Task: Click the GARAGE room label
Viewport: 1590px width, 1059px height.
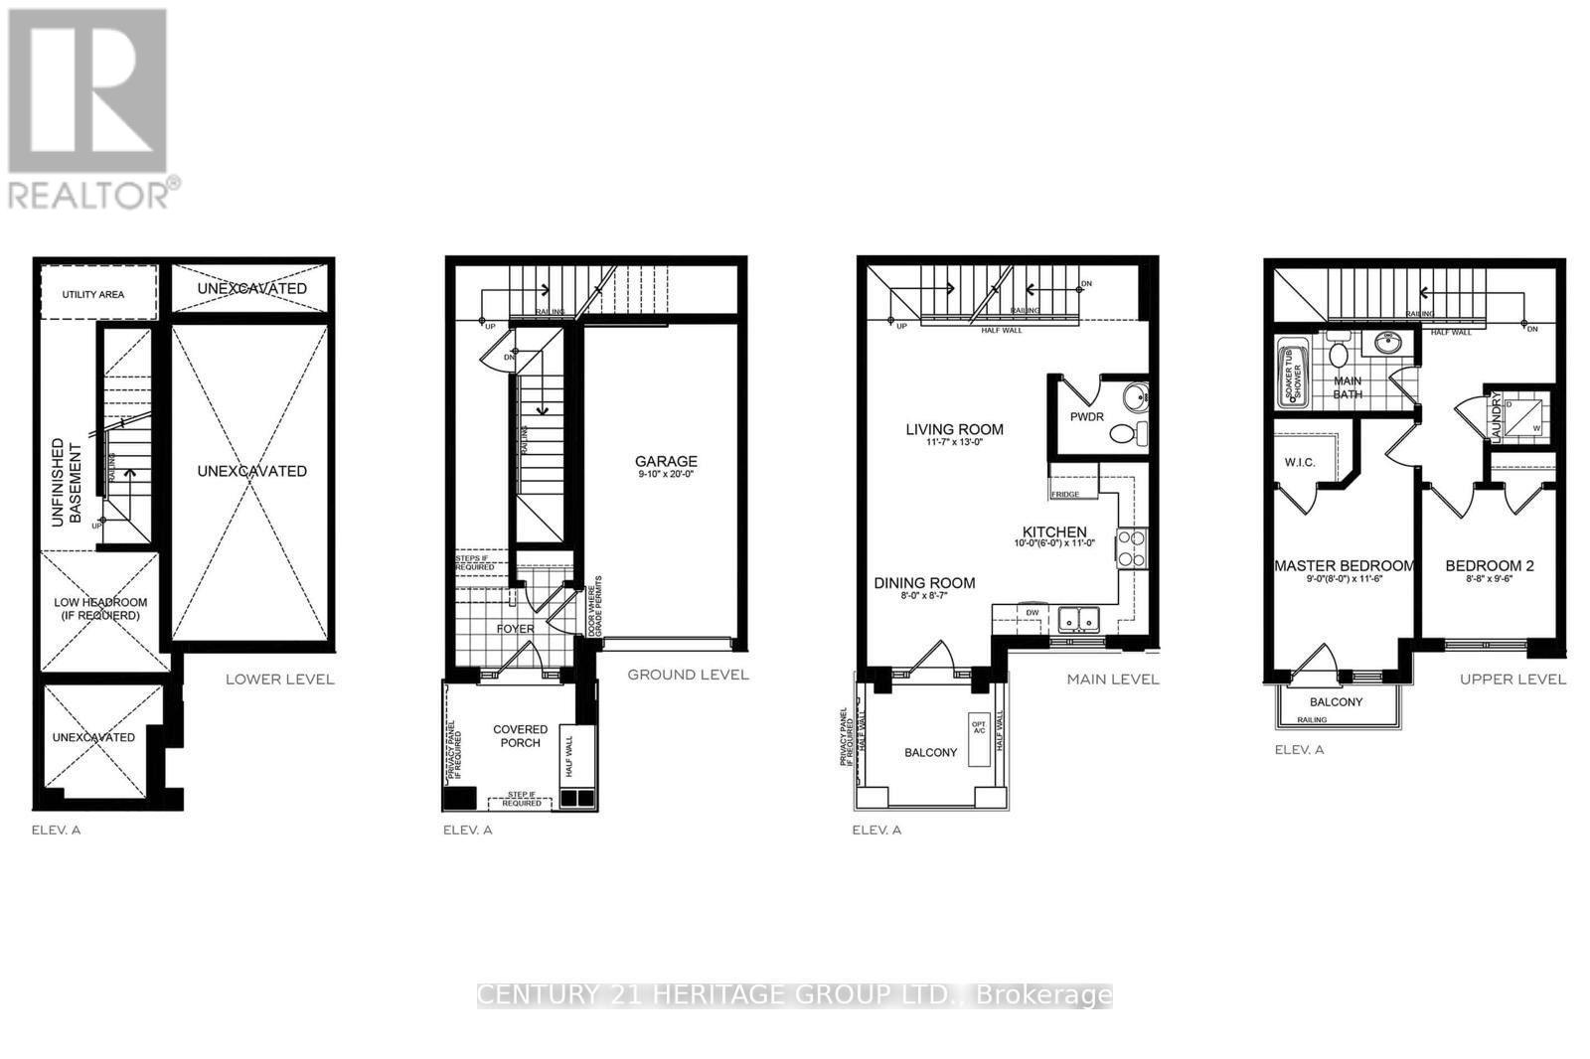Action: (666, 461)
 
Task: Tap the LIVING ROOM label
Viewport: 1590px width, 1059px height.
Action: (954, 429)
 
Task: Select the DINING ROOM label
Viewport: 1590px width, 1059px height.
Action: (924, 583)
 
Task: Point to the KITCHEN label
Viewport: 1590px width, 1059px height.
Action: (1054, 532)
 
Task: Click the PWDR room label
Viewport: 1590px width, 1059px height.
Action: (1087, 416)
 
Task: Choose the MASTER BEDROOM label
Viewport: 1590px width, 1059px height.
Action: (1344, 565)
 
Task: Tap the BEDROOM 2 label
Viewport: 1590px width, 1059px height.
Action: (1489, 565)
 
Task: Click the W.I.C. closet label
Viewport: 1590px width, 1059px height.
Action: (1300, 462)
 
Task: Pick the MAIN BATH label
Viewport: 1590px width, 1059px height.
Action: (1348, 387)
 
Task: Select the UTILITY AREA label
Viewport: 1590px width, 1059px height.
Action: (93, 294)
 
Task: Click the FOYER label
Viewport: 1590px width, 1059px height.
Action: (515, 628)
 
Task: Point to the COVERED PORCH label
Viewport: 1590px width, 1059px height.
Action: (521, 736)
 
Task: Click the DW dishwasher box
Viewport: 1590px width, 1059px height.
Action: (1033, 613)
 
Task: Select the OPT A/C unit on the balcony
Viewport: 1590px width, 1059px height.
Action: (979, 727)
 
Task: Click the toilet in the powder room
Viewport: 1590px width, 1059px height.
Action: (1127, 434)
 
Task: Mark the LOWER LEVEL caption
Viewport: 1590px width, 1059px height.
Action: (279, 680)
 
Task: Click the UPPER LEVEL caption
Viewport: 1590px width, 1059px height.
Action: (1512, 679)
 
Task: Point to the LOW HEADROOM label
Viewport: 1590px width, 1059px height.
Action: (99, 608)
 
